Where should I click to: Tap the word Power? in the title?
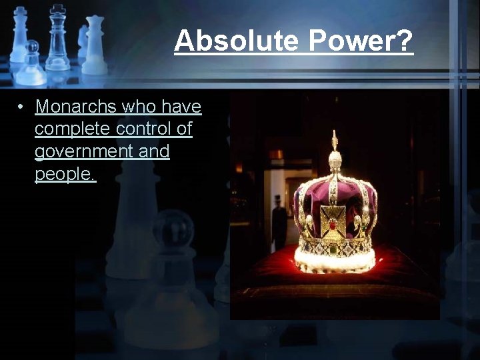[x=361, y=41]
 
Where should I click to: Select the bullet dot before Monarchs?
[x=22, y=107]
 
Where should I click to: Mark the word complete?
[x=72, y=129]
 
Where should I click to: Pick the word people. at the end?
[x=65, y=174]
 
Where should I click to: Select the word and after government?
[x=154, y=151]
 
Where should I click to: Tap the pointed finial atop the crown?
[x=335, y=139]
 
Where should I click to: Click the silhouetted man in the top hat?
[x=279, y=223]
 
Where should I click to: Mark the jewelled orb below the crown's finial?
[x=335, y=160]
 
